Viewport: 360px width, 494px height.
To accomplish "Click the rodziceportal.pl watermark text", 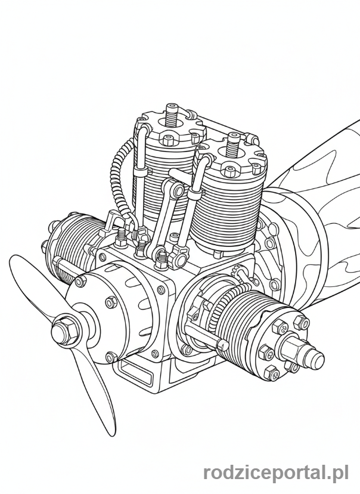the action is pyautogui.click(x=276, y=473).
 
